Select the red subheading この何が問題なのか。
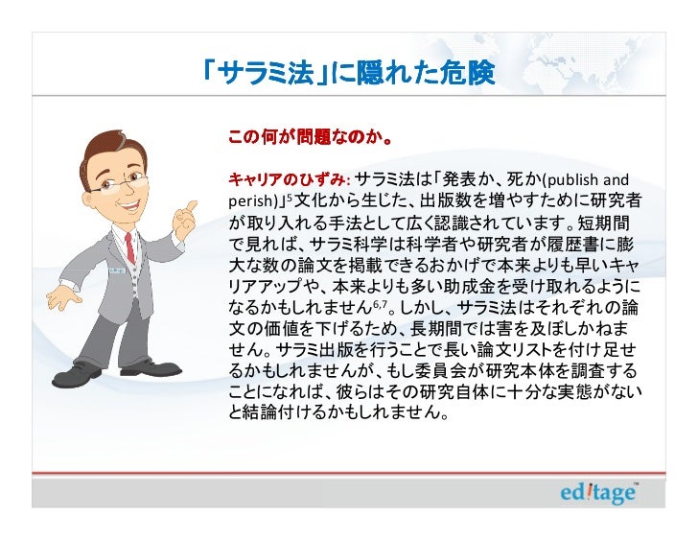(x=308, y=140)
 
